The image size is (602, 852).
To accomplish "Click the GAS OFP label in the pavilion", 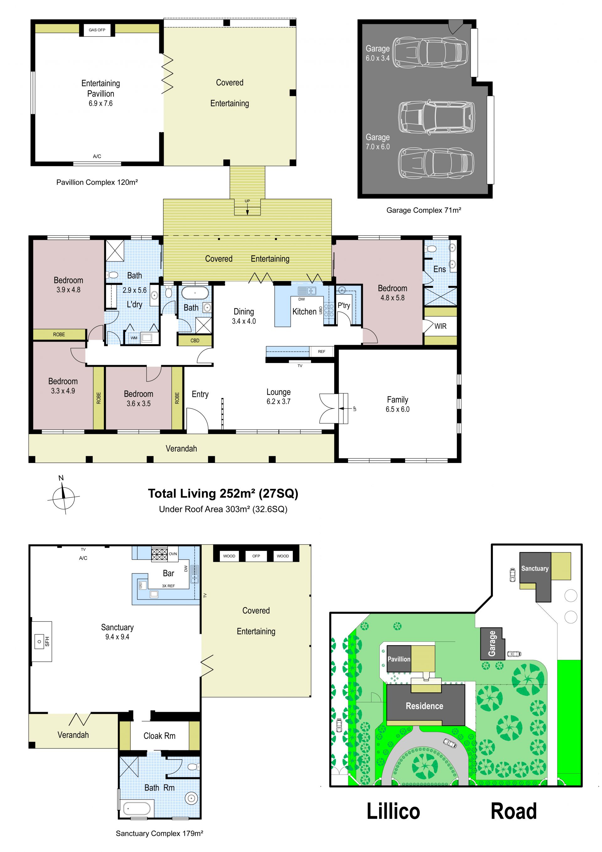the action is (97, 30).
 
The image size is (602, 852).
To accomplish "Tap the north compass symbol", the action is (63, 495).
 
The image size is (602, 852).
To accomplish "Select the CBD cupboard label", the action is (195, 340).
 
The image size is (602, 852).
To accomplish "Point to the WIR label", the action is (440, 326).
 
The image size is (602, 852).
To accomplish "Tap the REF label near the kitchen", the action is (322, 351).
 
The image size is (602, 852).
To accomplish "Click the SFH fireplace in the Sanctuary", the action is (41, 641).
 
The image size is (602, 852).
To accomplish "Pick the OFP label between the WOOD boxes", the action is (256, 556).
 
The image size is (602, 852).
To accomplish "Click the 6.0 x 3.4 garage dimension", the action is (378, 58).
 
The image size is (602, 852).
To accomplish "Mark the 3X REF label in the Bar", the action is (168, 586).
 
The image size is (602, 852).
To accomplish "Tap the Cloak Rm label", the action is (160, 736).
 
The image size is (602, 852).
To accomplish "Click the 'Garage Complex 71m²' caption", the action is (424, 210).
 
